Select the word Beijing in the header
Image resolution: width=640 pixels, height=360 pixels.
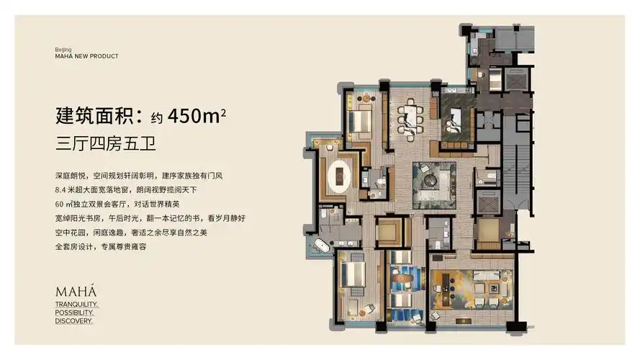point(64,50)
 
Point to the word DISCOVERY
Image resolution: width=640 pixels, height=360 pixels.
point(73,321)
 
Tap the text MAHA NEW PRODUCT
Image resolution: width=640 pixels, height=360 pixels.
point(86,56)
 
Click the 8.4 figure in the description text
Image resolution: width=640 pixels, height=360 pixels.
point(62,189)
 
